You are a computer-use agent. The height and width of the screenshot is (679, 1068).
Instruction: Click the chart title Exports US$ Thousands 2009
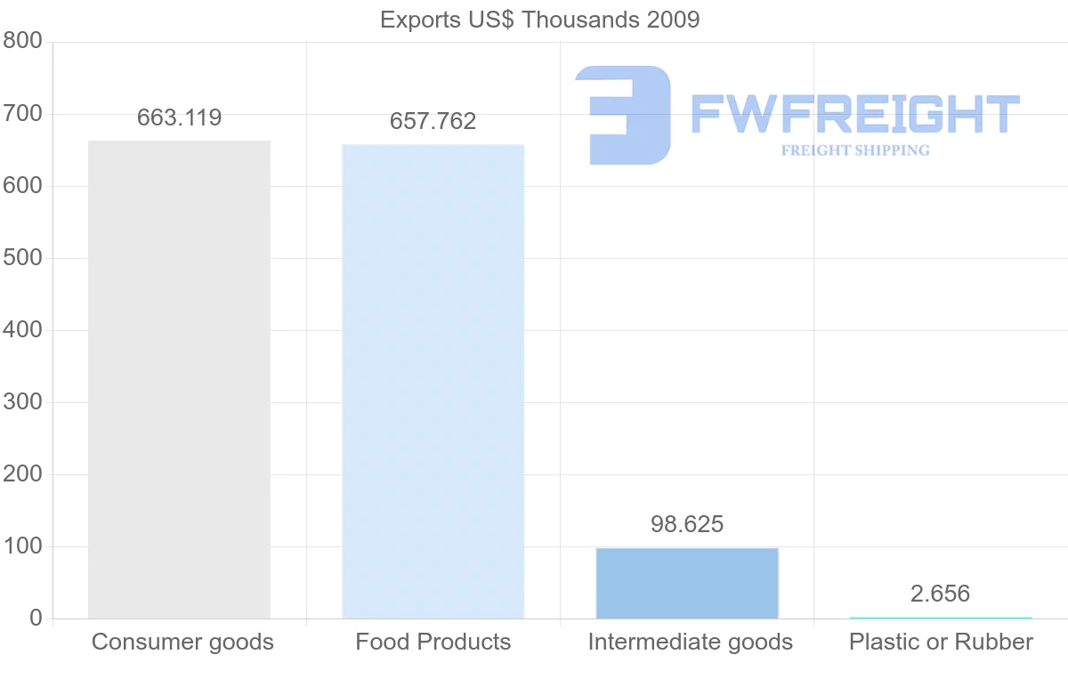tap(539, 20)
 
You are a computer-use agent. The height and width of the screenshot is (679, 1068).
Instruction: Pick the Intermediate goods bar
tap(687, 583)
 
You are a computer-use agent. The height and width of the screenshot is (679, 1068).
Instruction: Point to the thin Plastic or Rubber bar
tap(941, 618)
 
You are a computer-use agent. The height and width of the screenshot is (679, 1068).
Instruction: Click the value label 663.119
tap(179, 117)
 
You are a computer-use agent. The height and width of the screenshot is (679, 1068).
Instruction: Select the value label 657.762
tap(433, 121)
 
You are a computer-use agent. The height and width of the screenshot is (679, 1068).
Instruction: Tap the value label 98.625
tap(687, 524)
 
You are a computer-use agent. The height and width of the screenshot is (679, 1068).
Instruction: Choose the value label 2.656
tap(940, 594)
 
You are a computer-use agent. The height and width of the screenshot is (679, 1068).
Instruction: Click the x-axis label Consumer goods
tap(182, 642)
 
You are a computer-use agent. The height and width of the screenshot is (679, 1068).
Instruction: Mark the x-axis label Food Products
tap(433, 642)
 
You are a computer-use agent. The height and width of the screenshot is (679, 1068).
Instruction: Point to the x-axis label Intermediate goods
tap(690, 642)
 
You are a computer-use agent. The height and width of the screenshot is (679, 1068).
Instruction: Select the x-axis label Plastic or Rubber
tap(941, 642)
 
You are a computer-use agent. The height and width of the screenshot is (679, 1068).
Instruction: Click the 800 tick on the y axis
tap(22, 41)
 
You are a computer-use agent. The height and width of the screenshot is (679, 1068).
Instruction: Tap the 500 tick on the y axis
tap(22, 258)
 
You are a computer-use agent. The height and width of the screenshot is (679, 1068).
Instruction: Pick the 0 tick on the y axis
tap(36, 618)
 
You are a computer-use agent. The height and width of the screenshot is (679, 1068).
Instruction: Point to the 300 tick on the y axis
tap(22, 402)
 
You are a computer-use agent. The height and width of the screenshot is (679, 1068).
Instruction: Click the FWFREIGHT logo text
tap(854, 114)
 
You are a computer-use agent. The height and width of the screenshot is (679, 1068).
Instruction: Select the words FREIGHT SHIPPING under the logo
tap(854, 150)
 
